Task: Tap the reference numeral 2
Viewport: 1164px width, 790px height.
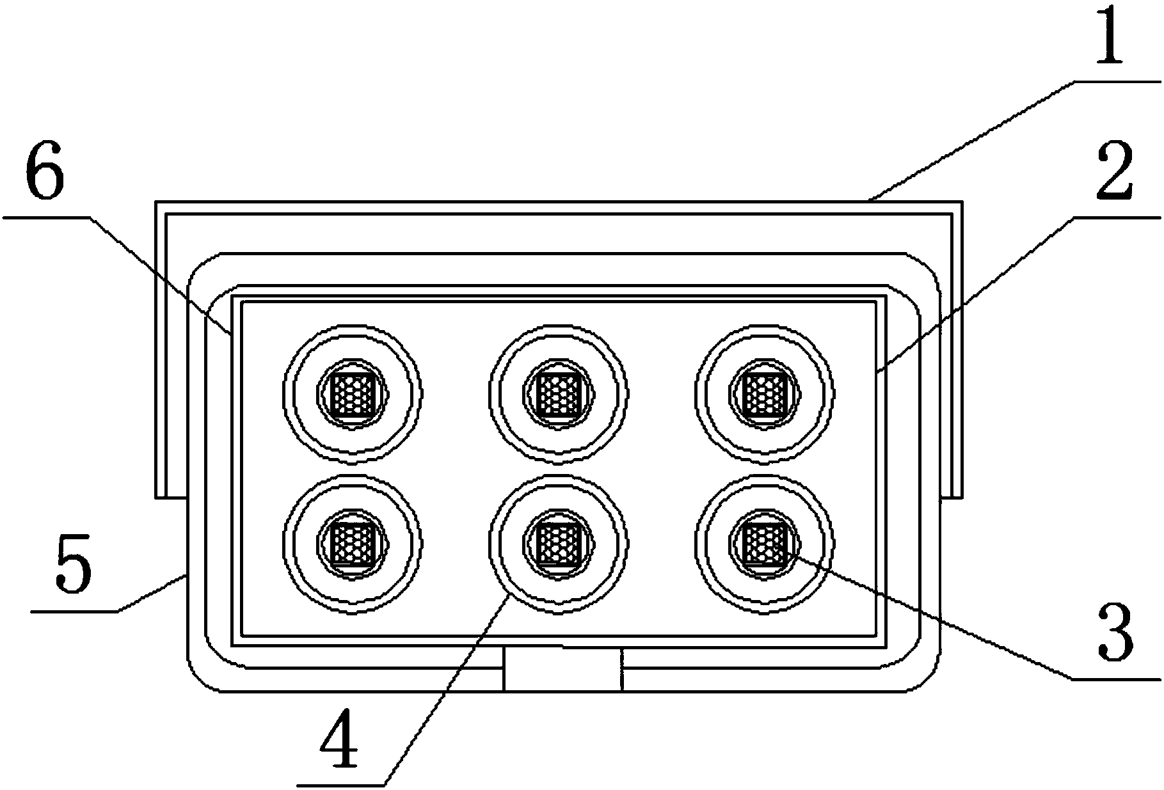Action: [x=1114, y=171]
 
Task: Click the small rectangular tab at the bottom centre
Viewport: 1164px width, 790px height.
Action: [x=562, y=669]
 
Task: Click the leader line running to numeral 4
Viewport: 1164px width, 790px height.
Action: [x=447, y=688]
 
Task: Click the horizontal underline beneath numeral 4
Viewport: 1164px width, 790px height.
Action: [x=340, y=784]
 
